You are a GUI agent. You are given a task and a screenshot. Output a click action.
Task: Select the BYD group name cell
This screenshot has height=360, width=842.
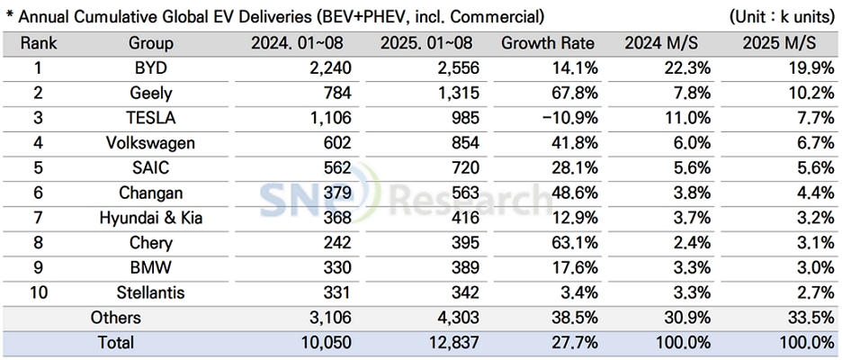point(150,67)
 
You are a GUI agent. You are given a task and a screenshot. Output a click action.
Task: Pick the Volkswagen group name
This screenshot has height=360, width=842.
point(150,143)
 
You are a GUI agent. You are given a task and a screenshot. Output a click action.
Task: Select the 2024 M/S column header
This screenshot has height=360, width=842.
point(661,43)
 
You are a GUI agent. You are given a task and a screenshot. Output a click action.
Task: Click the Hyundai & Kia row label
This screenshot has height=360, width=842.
point(150,217)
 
